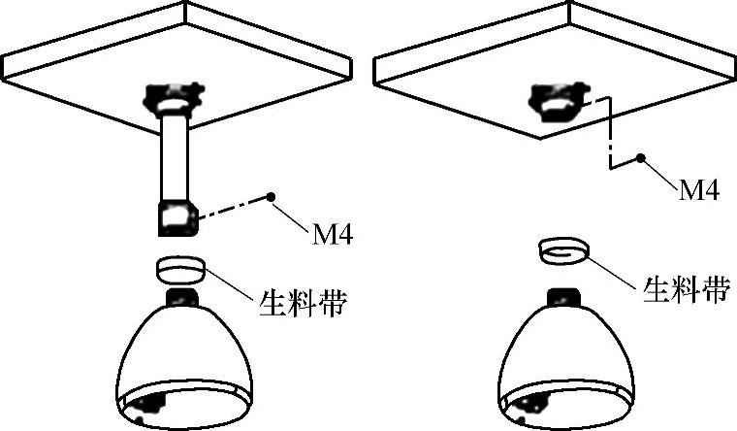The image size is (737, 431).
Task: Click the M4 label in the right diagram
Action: click(x=698, y=190)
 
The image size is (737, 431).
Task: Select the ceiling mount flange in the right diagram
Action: click(x=557, y=100)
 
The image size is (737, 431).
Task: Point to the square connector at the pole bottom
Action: click(x=176, y=218)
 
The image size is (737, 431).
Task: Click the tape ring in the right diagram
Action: click(x=561, y=251)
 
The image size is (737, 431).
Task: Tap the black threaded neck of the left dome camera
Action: click(x=181, y=296)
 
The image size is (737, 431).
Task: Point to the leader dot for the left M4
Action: click(x=273, y=197)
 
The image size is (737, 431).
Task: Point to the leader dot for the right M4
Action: click(x=639, y=155)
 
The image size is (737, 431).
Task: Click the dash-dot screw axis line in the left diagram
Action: click(x=233, y=208)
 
